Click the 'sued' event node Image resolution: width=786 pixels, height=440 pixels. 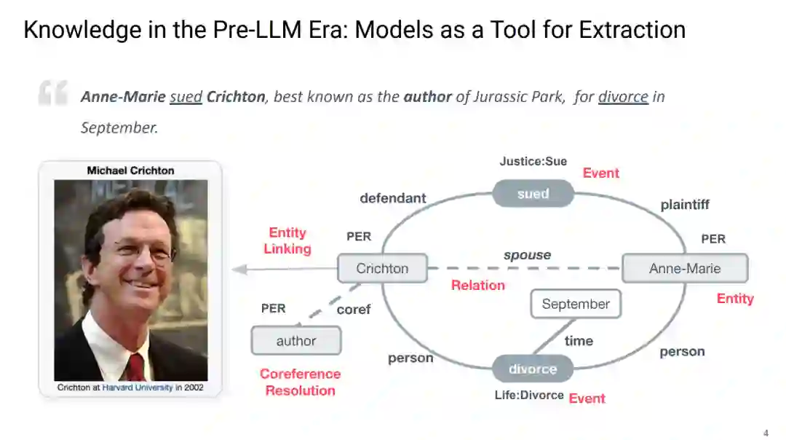(x=533, y=194)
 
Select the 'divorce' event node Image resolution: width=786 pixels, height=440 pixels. (x=533, y=369)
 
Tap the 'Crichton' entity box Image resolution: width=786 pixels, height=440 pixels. (x=382, y=268)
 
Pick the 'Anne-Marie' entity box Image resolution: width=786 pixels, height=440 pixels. (x=684, y=268)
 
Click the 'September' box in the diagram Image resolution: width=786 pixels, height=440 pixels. (x=576, y=304)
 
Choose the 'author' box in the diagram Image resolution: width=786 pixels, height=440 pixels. (x=296, y=340)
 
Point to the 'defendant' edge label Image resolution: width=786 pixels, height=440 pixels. (x=393, y=198)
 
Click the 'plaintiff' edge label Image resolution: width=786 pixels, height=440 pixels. (x=685, y=205)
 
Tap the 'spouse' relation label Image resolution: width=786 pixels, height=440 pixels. (x=527, y=255)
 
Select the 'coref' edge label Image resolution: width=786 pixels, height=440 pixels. (x=354, y=310)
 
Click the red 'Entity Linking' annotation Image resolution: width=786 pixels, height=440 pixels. (x=287, y=240)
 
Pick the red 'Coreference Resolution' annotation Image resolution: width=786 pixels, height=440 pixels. (x=300, y=382)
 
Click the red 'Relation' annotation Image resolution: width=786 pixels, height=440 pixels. (x=477, y=285)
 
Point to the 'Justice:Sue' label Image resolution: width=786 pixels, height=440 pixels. (x=533, y=161)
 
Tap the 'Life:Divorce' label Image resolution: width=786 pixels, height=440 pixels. (x=529, y=395)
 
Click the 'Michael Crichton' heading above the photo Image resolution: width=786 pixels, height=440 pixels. (x=131, y=170)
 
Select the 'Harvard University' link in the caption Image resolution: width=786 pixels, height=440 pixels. (x=138, y=388)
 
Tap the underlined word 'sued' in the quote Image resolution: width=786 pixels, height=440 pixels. (x=186, y=97)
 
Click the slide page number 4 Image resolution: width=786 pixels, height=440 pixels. (x=765, y=433)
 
